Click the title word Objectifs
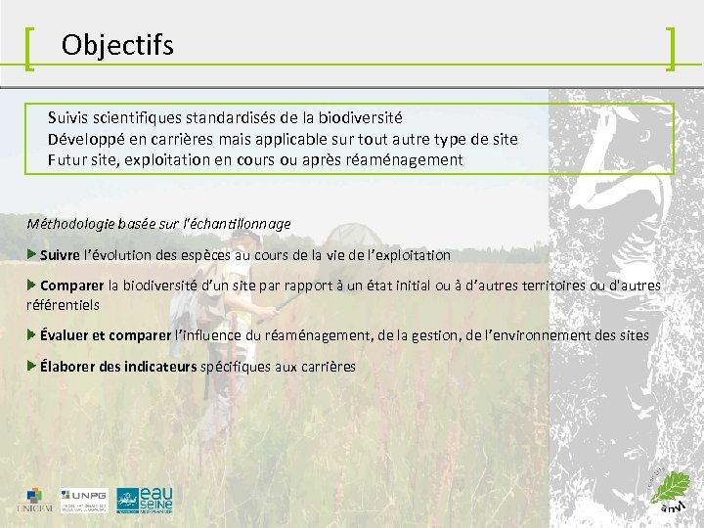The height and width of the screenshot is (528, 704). tap(117, 45)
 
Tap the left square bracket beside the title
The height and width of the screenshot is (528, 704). tap(30, 49)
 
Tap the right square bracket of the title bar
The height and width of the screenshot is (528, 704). tap(671, 49)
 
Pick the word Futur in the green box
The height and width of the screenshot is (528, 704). tap(67, 159)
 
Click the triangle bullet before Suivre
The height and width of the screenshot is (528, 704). tap(32, 254)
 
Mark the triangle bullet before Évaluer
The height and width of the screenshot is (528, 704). tap(32, 334)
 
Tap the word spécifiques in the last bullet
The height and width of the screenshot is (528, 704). tap(236, 367)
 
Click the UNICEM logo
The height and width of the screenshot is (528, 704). tap(34, 499)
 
